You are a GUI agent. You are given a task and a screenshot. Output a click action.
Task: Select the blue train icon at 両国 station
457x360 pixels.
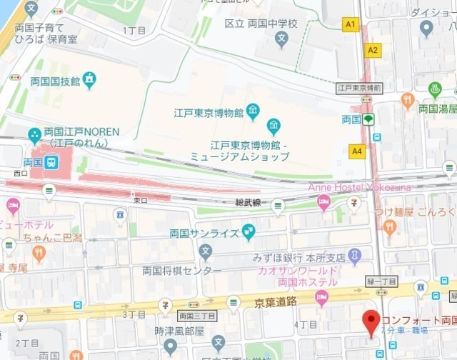(51, 162)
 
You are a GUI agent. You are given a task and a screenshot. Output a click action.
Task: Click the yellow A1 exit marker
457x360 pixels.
(350, 25)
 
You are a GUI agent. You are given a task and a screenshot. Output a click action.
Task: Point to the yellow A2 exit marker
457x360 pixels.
(373, 50)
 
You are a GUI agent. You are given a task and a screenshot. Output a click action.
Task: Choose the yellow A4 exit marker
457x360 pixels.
(356, 151)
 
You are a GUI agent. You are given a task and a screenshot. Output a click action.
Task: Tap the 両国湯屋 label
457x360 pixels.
(437, 109)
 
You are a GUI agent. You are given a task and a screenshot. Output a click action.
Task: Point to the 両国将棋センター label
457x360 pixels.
(182, 271)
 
